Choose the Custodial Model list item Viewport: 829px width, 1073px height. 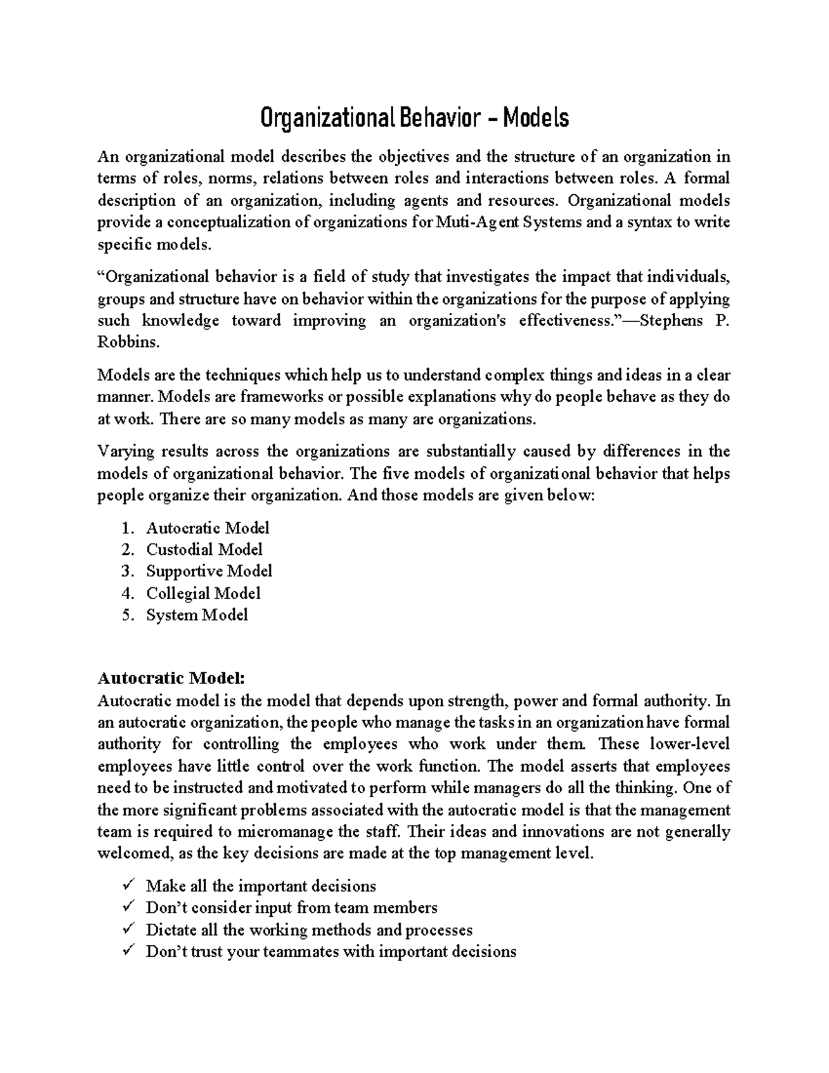(204, 549)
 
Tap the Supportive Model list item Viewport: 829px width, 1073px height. (209, 571)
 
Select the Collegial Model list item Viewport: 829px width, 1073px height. (203, 593)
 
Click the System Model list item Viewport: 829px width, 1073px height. (196, 615)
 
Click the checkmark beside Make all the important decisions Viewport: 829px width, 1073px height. (126, 886)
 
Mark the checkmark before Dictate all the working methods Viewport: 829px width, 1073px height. (126, 929)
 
